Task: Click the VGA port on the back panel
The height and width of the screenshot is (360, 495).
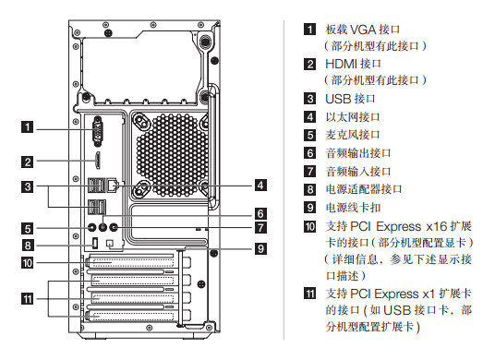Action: pos(98,131)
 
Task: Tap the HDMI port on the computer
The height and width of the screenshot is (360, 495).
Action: pos(98,161)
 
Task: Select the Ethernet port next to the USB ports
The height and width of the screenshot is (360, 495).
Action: pos(113,186)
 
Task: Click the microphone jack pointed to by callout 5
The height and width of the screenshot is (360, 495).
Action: pos(92,227)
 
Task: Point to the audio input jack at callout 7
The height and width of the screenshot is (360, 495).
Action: pos(114,227)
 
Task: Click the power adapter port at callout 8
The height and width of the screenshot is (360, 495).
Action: pos(95,244)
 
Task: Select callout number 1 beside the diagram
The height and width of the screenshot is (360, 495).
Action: pos(28,126)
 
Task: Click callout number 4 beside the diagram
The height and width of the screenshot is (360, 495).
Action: pos(260,185)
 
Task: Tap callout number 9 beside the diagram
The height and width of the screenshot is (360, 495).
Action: pos(260,248)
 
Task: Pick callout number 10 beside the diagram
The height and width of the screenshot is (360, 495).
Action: pos(28,262)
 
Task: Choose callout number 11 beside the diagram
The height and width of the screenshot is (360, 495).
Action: pos(28,298)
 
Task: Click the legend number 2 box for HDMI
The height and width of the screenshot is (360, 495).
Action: pos(310,64)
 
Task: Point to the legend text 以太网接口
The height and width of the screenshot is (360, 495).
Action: pos(353,117)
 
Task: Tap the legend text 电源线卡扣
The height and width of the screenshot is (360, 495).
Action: pos(354,208)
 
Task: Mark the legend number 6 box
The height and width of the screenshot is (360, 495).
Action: pos(310,153)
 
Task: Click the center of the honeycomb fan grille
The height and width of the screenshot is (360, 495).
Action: pos(173,155)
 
